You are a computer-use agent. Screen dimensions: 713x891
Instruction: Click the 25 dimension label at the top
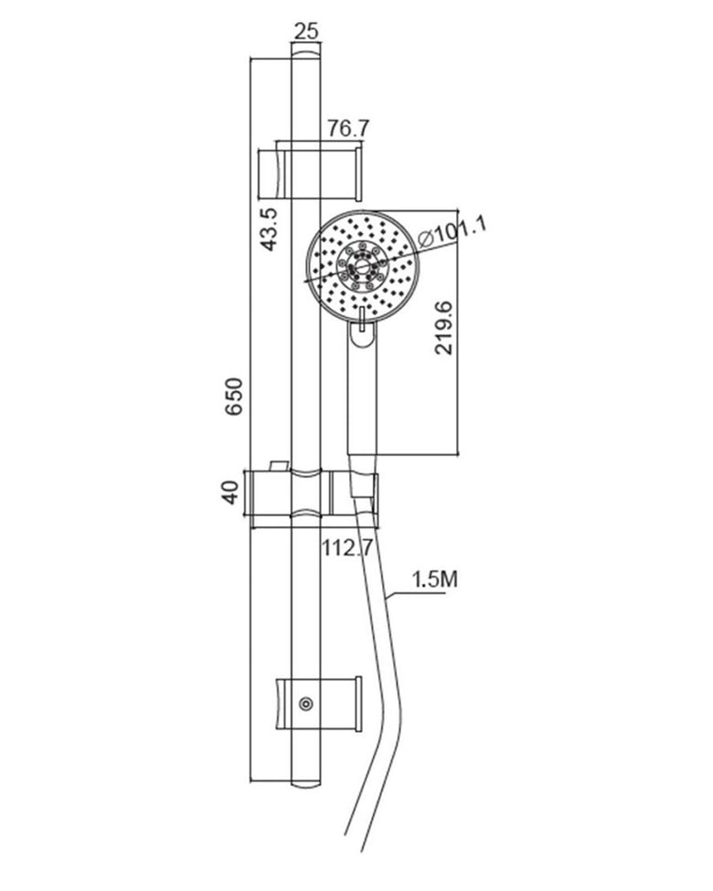pos(306,31)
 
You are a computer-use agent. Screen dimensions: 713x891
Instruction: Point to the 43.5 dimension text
pos(268,229)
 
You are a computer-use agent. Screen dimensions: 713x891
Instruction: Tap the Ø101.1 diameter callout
pos(452,231)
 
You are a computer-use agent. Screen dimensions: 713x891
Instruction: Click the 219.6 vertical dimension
pos(443,328)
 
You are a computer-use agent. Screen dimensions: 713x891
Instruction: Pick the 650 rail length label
pos(234,396)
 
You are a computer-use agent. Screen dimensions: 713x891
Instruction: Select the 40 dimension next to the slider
pos(230,492)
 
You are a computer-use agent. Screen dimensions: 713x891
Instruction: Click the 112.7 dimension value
pos(347,548)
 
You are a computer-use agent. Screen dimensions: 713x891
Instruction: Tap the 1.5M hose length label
pos(435,579)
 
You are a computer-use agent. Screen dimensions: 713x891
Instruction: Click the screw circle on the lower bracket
pos(306,704)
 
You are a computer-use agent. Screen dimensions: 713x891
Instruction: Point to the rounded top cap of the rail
pos(306,53)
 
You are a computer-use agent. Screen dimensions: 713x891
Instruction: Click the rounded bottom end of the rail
pos(306,782)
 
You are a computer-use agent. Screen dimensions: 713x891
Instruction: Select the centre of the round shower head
pos(362,268)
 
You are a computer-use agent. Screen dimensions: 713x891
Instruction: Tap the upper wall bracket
pos(311,173)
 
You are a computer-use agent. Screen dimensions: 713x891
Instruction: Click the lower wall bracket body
pos(318,704)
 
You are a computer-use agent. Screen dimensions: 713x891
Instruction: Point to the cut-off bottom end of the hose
pos(353,843)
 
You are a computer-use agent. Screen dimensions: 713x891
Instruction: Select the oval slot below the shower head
pos(362,333)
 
